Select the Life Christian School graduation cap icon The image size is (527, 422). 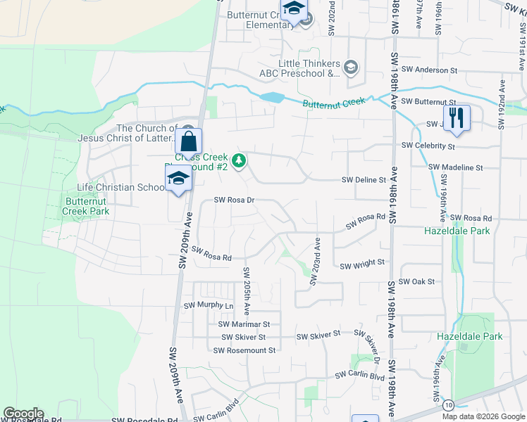click(178, 180)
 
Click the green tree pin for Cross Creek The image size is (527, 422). click(240, 161)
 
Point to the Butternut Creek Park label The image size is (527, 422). click(86, 205)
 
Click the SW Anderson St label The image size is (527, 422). click(429, 70)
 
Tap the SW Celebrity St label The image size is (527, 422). click(428, 146)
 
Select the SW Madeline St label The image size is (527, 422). click(456, 168)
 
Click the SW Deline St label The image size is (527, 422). click(364, 180)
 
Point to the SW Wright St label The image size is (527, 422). click(362, 266)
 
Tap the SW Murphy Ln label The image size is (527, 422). click(208, 306)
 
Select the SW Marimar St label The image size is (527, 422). click(244, 324)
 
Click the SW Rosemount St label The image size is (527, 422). click(247, 350)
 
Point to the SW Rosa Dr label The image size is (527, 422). click(235, 200)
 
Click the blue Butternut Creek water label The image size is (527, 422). click(334, 103)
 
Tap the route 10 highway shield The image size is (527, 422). click(448, 405)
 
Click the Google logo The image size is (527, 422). click(24, 414)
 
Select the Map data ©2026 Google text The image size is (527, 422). click(483, 416)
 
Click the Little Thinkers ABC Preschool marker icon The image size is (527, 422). click(352, 68)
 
